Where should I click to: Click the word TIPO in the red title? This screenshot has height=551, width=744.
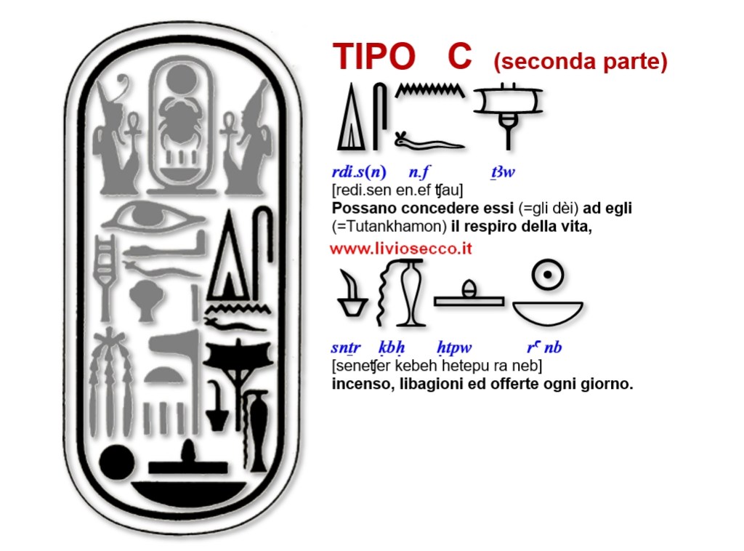(373, 57)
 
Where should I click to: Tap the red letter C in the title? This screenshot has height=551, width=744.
(459, 57)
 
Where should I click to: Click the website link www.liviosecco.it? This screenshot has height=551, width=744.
(401, 249)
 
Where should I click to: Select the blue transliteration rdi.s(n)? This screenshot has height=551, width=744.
(359, 172)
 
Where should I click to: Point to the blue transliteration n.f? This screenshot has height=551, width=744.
(419, 172)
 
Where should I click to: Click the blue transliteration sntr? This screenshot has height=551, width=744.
(346, 347)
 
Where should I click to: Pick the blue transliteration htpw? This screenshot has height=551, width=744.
(452, 347)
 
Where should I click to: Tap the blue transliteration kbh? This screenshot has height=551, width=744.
(391, 347)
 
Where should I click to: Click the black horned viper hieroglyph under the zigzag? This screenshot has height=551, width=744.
(429, 140)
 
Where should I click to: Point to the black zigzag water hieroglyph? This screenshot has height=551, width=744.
(429, 92)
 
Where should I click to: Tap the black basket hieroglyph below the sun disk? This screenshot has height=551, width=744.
(547, 311)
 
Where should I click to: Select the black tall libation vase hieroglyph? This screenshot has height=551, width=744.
(409, 294)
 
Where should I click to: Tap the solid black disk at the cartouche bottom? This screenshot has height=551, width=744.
(116, 462)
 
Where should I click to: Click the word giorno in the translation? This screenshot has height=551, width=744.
(610, 384)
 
